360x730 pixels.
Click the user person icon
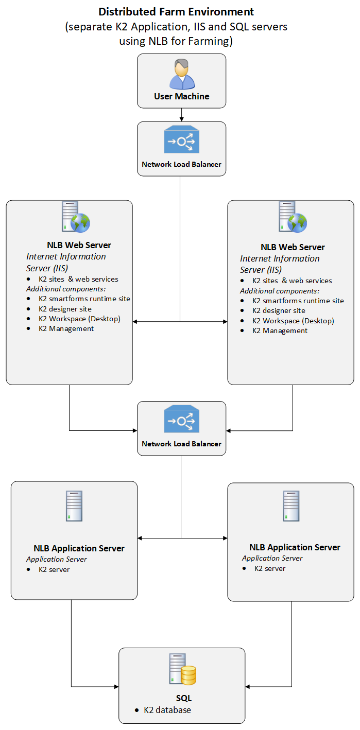pyautogui.click(x=182, y=74)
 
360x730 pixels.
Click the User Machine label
pyautogui.click(x=182, y=96)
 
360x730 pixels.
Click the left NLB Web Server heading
pyautogui.click(x=79, y=245)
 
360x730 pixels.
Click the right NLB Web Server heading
pyautogui.click(x=293, y=247)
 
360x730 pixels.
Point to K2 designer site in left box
pyautogui.click(x=65, y=309)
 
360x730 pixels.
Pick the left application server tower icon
pyautogui.click(x=74, y=506)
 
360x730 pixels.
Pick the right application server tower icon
pyautogui.click(x=291, y=506)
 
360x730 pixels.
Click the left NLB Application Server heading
pyautogui.click(x=79, y=548)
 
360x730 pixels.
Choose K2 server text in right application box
pyautogui.click(x=270, y=568)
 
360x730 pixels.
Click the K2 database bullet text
pyautogui.click(x=167, y=710)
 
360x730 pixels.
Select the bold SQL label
pyautogui.click(x=183, y=698)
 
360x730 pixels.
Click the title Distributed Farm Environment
pyautogui.click(x=176, y=11)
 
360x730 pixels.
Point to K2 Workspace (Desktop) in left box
pyautogui.click(x=79, y=319)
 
